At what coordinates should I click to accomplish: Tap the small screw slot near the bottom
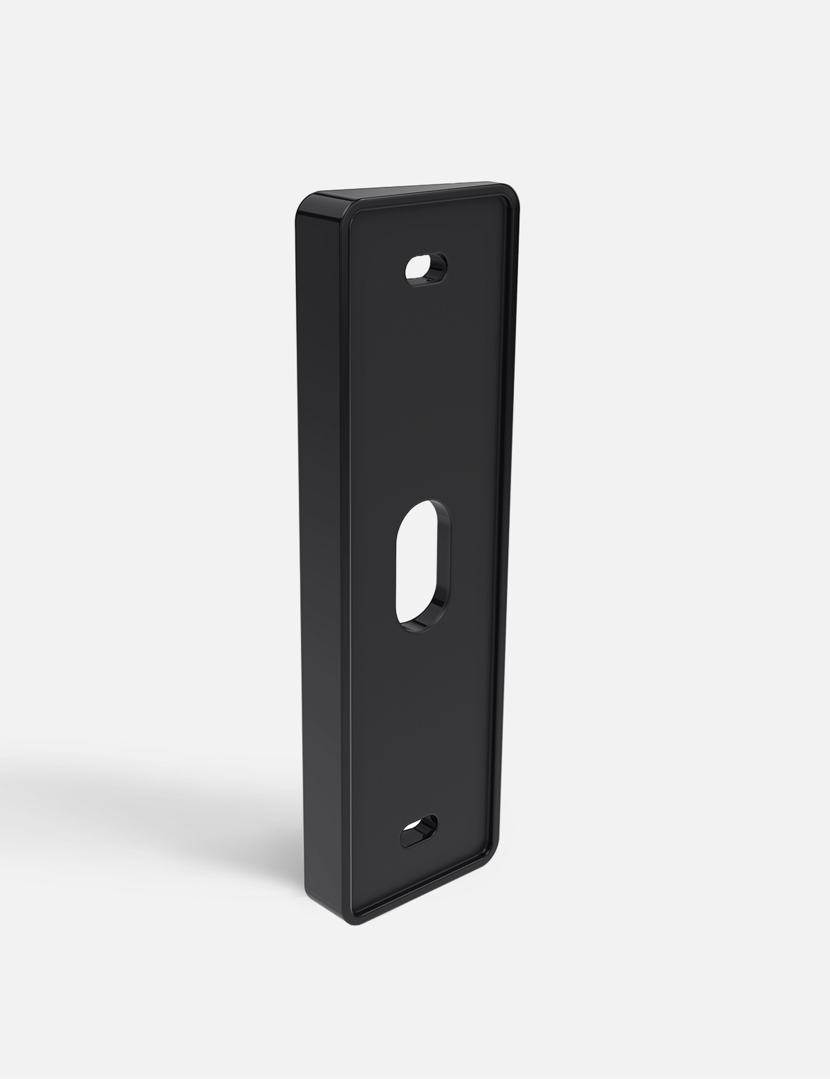tap(419, 835)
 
